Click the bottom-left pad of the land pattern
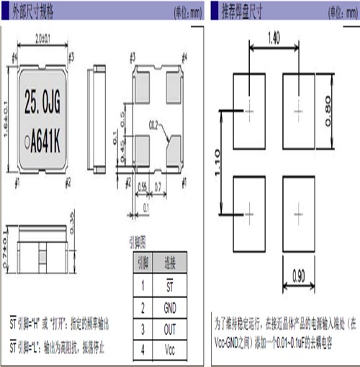(249, 212)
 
